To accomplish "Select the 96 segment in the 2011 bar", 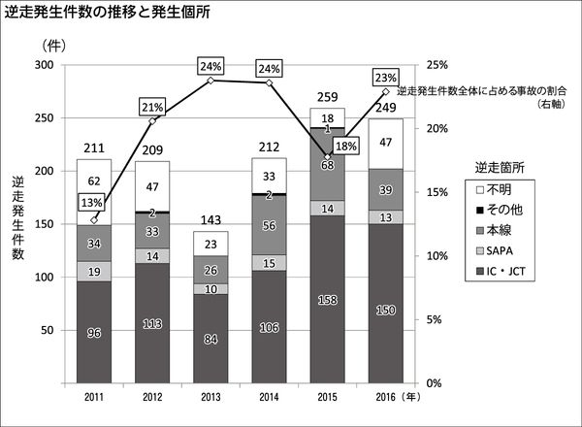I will [x=94, y=333].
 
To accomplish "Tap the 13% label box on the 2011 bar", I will [x=92, y=202].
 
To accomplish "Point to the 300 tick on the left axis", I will [x=43, y=65].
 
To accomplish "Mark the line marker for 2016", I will [x=387, y=92].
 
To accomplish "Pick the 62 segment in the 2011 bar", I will [x=94, y=181].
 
